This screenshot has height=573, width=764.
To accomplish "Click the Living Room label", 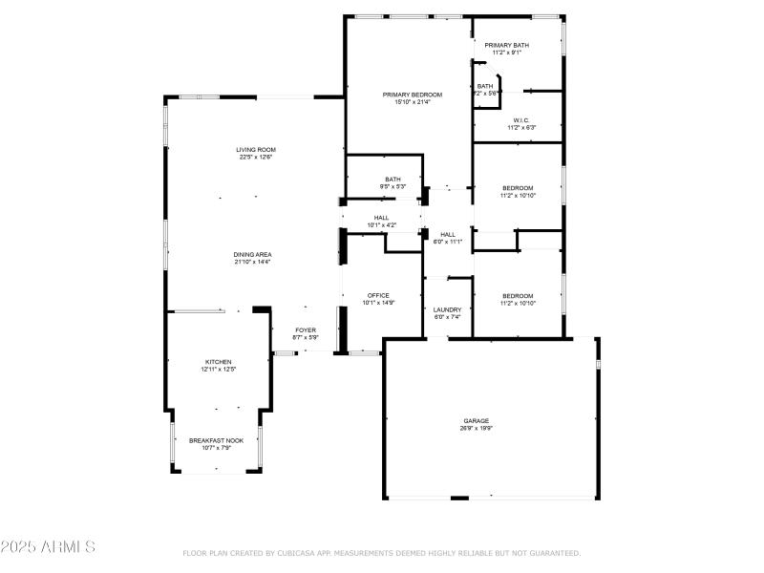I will pyautogui.click(x=256, y=149).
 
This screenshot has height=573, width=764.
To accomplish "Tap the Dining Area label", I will pyautogui.click(x=253, y=254).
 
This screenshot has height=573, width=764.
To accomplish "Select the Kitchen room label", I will pyautogui.click(x=218, y=362).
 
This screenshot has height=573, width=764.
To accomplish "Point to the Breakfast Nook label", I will pyautogui.click(x=216, y=440).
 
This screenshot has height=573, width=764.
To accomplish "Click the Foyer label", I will pyautogui.click(x=306, y=329).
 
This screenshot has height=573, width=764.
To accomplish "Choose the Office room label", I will pyautogui.click(x=378, y=295).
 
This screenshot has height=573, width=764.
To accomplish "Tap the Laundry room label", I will pyautogui.click(x=447, y=309).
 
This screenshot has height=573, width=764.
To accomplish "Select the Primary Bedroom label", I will pyautogui.click(x=413, y=95).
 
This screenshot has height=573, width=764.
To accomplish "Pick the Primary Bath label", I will pyautogui.click(x=506, y=45).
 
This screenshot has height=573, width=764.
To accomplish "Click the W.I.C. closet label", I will pyautogui.click(x=520, y=119).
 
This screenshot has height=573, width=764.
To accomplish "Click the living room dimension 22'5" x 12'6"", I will pyautogui.click(x=256, y=157).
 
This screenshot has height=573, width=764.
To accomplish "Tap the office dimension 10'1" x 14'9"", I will pyautogui.click(x=378, y=303).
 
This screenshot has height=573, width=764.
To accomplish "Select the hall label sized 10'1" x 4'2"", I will pyautogui.click(x=381, y=218).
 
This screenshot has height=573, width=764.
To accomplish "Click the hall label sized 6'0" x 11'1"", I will pyautogui.click(x=447, y=234).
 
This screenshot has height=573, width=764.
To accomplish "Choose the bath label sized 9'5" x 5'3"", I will pyautogui.click(x=393, y=179).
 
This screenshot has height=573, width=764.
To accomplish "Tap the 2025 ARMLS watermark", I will pyautogui.click(x=48, y=547).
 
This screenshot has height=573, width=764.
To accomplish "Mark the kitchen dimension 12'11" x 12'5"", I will pyautogui.click(x=218, y=370).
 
